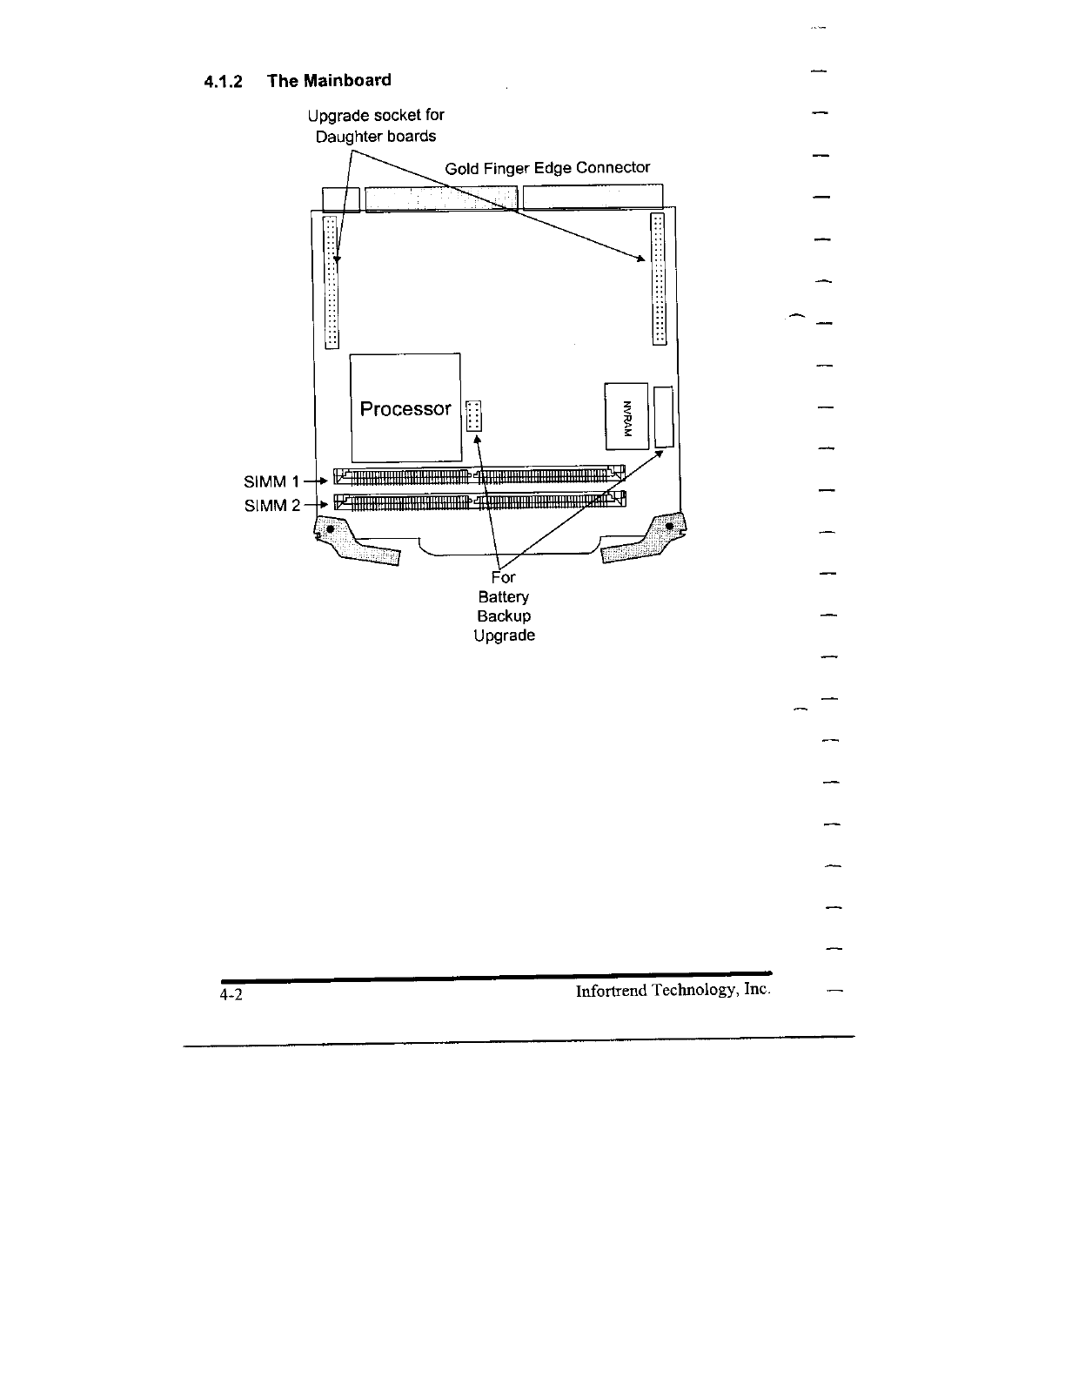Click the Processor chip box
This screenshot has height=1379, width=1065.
pos(405,407)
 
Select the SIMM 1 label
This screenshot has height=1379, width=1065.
pos(271,481)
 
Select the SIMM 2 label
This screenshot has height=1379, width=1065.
pos(271,505)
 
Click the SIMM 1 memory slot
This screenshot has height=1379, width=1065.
pos(480,475)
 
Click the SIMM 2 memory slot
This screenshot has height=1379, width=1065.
pos(480,501)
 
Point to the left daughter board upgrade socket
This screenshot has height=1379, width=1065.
pos(331,282)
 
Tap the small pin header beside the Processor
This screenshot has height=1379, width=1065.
pos(473,416)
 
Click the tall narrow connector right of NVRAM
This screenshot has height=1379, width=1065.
pos(665,418)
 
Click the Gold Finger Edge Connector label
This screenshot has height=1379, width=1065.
pos(547,168)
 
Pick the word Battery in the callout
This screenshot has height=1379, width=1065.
pos(503,597)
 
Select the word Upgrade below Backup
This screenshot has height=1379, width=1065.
pos(504,636)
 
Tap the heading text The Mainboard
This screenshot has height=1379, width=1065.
pos(329,81)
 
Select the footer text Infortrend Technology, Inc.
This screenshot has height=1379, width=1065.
pos(673,991)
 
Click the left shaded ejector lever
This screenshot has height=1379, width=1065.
pos(354,542)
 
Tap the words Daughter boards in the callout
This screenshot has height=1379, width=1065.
pos(376,137)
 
